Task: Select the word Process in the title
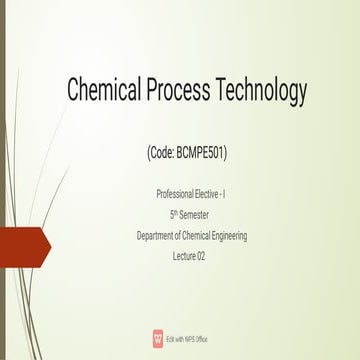click(189, 92)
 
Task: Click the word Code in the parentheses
click(161, 155)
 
